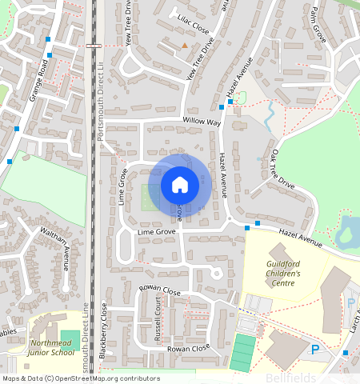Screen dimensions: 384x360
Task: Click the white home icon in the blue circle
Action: [180, 185]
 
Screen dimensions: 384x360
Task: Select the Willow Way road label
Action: [201, 122]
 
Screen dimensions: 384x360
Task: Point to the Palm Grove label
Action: [320, 22]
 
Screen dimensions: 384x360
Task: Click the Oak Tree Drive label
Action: [283, 170]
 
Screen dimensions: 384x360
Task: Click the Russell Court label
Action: [158, 315]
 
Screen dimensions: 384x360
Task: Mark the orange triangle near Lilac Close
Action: [185, 46]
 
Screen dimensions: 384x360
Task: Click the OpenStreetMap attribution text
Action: [81, 378]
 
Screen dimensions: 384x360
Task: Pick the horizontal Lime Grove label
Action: [156, 232]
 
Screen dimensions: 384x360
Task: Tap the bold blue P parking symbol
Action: [314, 350]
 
